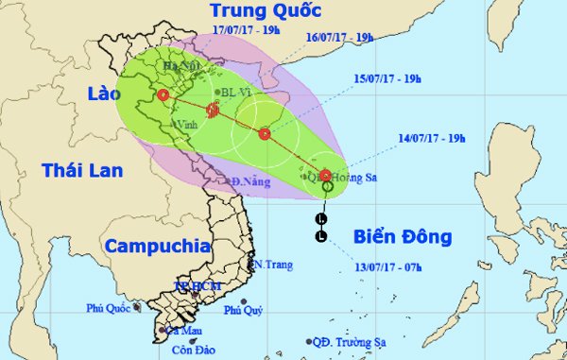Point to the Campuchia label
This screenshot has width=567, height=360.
[157, 246]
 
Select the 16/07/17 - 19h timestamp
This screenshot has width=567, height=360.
[341, 39]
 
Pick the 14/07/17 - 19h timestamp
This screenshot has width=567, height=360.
[433, 138]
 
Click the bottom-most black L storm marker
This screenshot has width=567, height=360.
[322, 235]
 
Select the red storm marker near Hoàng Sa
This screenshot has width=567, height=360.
[325, 175]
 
